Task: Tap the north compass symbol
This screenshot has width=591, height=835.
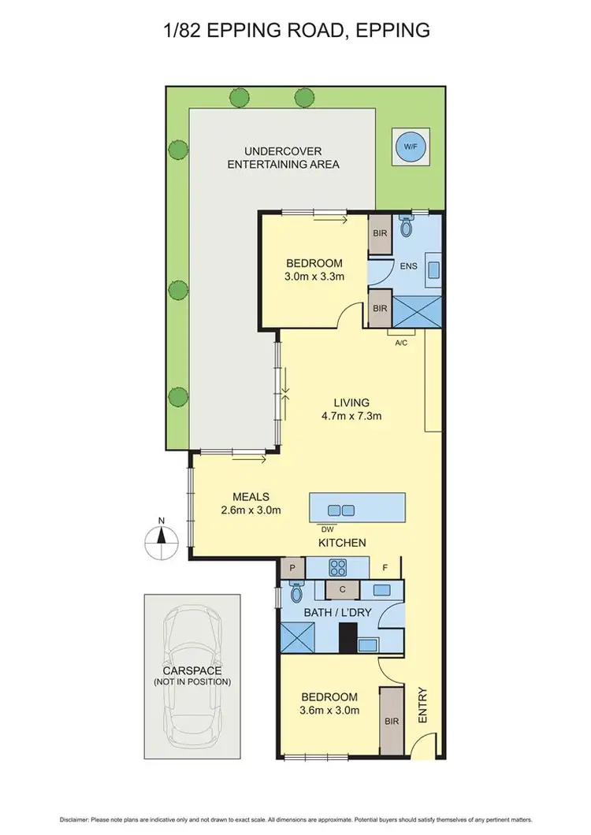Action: point(161,539)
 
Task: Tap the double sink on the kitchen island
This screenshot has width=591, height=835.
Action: point(340,510)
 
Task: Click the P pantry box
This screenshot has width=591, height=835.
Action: point(292,567)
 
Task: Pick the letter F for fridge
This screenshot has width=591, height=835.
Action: point(385,566)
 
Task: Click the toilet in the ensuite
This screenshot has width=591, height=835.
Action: point(407,227)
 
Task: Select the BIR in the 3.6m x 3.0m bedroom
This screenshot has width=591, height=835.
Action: point(390,721)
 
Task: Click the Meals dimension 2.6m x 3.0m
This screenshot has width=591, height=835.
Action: point(251,510)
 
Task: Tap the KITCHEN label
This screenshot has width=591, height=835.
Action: point(341,543)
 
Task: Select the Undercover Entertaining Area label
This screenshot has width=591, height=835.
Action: point(283,158)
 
